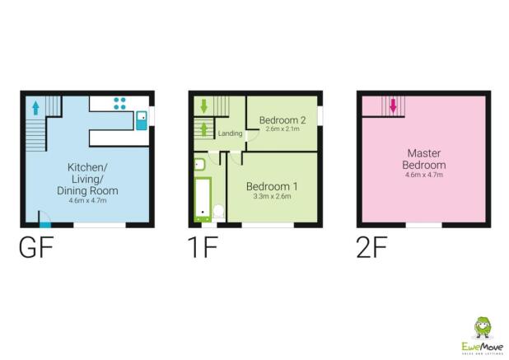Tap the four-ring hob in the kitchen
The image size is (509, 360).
(120, 103)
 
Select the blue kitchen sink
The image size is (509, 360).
(142, 118)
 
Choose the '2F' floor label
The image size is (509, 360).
(374, 248)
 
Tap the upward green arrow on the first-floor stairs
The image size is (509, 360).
(203, 129)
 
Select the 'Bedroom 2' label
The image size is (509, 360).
(283, 120)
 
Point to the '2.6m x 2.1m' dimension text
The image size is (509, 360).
(283, 130)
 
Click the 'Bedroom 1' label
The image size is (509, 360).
(272, 186)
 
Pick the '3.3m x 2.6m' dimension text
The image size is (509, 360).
(272, 197)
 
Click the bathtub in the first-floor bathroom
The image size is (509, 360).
(201, 199)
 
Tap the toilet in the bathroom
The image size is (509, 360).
(219, 213)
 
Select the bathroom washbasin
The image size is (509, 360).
(199, 164)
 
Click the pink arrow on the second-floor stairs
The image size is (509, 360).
(393, 106)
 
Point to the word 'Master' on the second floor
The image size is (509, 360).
(424, 153)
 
